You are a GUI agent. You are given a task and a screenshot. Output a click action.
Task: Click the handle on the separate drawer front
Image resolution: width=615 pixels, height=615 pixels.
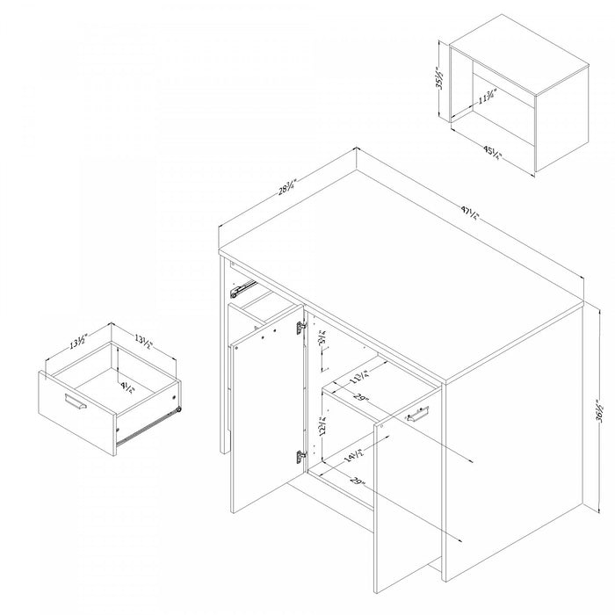pos(76,404)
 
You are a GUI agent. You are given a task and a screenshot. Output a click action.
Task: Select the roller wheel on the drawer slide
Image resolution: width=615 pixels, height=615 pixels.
pos(178,406)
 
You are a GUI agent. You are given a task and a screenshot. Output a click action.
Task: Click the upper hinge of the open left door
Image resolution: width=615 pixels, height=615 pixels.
pos(300,328)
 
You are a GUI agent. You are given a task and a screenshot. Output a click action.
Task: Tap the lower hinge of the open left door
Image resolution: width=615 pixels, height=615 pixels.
pos(300,456)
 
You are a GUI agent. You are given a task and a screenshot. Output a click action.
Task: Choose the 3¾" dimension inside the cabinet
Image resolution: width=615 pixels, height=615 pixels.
pos(322,338)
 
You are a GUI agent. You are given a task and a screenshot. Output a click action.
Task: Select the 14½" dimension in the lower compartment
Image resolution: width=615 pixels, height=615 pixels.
pos(355,457)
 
